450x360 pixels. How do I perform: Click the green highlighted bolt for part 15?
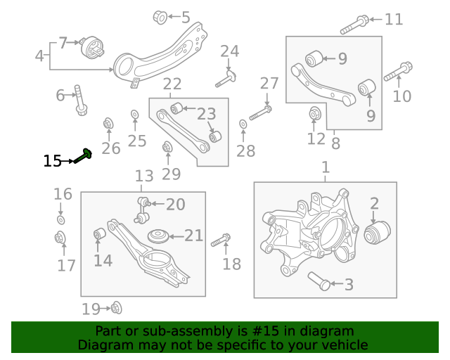(x=83, y=157)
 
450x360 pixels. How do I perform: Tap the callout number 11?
(x=394, y=19)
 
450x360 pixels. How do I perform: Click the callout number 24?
(x=229, y=51)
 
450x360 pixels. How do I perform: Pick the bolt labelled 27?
(x=260, y=111)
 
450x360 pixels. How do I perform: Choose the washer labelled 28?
(x=243, y=124)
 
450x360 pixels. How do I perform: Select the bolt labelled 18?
(x=221, y=239)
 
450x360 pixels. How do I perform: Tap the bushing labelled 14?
(x=100, y=233)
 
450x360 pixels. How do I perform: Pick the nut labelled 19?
(x=116, y=307)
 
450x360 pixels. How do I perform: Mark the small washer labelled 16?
(x=61, y=220)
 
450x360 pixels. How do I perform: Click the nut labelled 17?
(x=61, y=237)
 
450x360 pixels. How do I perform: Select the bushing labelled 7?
(x=92, y=50)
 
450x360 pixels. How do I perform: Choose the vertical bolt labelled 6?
(x=81, y=101)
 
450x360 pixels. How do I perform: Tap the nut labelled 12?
(x=315, y=112)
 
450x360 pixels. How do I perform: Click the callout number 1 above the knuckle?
(x=325, y=168)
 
